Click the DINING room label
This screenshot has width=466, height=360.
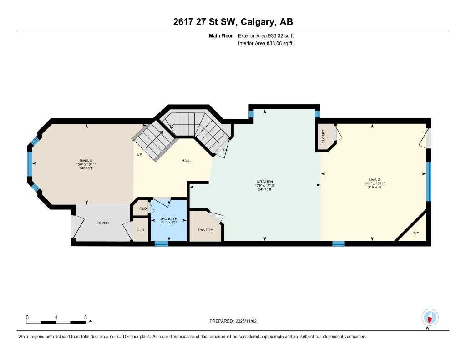(x=86, y=160)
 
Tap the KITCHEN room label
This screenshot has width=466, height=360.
(x=264, y=181)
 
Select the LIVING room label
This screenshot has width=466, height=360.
(x=375, y=179)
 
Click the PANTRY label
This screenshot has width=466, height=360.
(x=205, y=230)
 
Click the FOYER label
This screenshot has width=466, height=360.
(x=103, y=223)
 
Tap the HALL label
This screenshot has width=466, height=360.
(x=186, y=160)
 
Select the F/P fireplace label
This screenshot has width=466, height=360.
(x=415, y=233)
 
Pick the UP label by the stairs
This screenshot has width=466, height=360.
(x=140, y=154)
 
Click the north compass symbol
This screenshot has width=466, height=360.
(x=430, y=317)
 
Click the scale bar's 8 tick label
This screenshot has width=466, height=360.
(x=85, y=317)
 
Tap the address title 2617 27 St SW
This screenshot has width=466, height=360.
(x=233, y=22)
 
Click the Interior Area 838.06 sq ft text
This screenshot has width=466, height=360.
(x=265, y=43)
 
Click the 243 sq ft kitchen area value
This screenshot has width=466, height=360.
(x=264, y=189)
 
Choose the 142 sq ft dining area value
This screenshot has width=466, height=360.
(x=86, y=168)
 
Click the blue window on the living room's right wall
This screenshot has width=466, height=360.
(x=428, y=181)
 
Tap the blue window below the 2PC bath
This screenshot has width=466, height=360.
(x=161, y=244)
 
